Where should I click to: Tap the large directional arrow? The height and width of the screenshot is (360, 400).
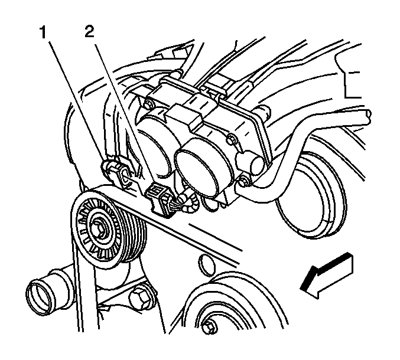[327, 276]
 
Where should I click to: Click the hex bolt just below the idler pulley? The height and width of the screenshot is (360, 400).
[139, 297]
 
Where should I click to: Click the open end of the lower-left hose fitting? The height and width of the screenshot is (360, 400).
[36, 294]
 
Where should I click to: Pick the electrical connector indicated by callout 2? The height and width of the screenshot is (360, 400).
[160, 201]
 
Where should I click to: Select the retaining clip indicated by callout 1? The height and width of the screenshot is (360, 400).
[117, 174]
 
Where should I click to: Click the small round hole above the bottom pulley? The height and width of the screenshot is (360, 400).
[206, 265]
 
